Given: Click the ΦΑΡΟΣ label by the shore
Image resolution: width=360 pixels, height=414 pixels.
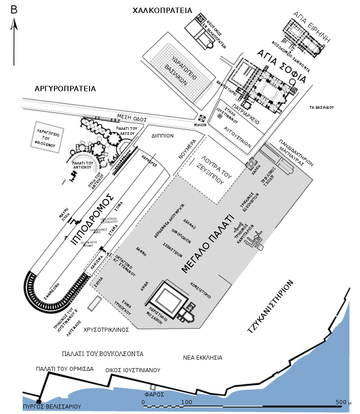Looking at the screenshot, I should pos(153,394).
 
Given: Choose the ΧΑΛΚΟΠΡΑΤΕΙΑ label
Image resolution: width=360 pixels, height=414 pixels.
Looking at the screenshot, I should pos(162,10).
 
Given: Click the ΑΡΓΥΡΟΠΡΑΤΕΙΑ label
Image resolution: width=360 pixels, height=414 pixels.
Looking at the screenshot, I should pos(65,89).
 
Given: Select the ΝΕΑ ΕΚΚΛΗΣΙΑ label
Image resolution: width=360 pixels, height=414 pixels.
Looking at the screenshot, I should pos(203,358).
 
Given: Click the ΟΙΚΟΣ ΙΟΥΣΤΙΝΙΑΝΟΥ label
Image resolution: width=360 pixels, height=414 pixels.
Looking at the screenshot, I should pos(133,371).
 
